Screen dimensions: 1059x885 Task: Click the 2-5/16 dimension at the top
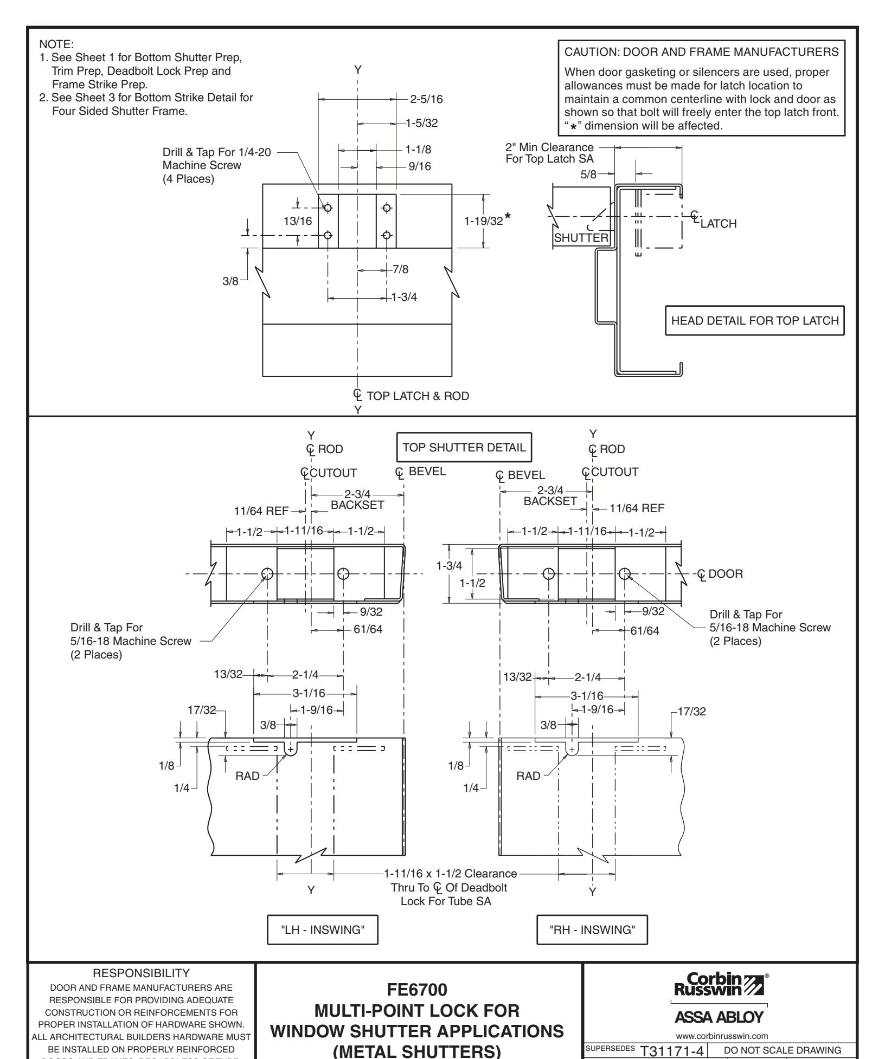point(427,99)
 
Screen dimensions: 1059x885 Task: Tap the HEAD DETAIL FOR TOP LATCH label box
point(754,320)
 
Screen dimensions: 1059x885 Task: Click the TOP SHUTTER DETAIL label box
point(464,447)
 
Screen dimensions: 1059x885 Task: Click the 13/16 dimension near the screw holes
point(298,221)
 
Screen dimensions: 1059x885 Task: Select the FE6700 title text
point(417,990)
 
